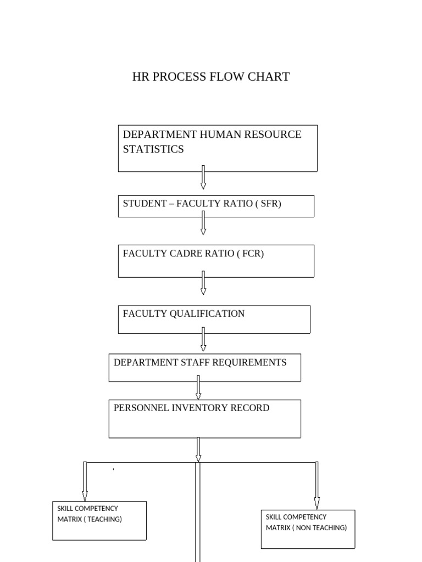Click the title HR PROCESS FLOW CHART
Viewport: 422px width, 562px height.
(210, 77)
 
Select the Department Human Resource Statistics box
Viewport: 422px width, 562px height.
(218, 148)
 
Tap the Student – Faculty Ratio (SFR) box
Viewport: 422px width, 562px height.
(216, 206)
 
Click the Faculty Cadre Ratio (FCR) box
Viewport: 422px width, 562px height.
(216, 261)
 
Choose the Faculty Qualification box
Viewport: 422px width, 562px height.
(214, 319)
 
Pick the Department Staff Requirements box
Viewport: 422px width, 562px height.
(204, 368)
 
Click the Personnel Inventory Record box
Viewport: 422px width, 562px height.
(204, 419)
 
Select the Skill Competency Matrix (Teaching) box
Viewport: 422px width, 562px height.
(99, 520)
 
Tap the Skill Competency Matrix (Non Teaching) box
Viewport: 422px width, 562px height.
(308, 529)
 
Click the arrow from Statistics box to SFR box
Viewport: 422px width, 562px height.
(203, 177)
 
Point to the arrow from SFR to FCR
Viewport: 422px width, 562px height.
(203, 223)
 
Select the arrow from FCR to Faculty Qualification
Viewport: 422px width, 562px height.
(203, 283)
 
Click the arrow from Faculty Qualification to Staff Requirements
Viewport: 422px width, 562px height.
(203, 339)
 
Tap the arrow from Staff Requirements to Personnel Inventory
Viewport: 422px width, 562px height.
(198, 387)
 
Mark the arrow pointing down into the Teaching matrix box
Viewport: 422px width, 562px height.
(85, 481)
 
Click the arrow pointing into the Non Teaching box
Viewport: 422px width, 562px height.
(317, 486)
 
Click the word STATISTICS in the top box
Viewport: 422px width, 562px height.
(153, 149)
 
